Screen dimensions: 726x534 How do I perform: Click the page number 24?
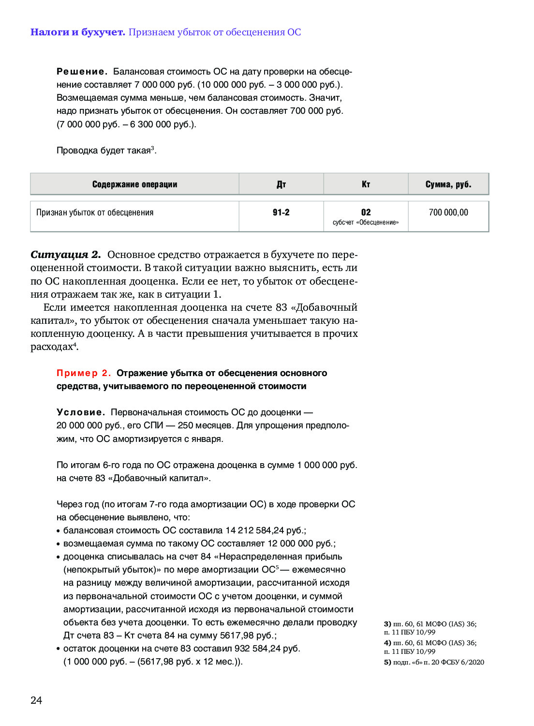click(36, 700)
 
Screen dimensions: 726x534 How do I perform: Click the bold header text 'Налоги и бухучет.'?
click(77, 32)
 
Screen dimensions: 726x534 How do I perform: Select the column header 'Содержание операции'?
click(134, 184)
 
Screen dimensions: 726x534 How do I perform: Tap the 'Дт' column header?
click(281, 184)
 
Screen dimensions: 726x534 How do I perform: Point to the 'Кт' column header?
click(366, 184)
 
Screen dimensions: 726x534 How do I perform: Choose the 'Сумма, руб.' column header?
click(448, 184)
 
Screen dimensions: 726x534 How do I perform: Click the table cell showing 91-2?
click(281, 212)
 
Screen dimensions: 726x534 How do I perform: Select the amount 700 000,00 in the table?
click(448, 212)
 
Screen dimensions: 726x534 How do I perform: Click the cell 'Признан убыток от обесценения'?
click(95, 212)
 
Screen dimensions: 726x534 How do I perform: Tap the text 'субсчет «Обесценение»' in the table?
click(366, 223)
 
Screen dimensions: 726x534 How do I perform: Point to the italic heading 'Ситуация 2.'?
click(65, 255)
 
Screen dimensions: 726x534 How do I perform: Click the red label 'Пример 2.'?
click(84, 373)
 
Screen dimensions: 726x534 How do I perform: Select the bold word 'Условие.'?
click(81, 412)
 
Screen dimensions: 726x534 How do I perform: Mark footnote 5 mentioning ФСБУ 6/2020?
click(434, 662)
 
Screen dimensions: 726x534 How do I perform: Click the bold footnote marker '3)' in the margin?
click(387, 624)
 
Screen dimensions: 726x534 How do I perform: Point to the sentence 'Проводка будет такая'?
click(104, 151)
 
